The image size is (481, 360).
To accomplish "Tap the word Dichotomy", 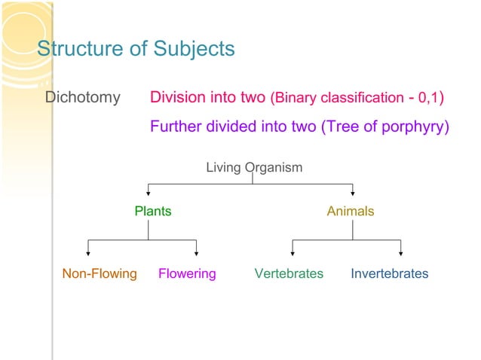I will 83,98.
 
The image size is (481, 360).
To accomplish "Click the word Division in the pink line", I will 177,98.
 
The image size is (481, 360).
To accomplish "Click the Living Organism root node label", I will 254,167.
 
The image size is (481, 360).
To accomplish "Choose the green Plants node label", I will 152,212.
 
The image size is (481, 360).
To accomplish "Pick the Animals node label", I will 350,212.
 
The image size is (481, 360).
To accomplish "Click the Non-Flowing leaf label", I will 100,273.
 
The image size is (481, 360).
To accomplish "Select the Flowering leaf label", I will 187,273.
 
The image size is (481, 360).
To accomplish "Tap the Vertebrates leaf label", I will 289,273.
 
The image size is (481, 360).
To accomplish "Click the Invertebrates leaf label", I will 389,273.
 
